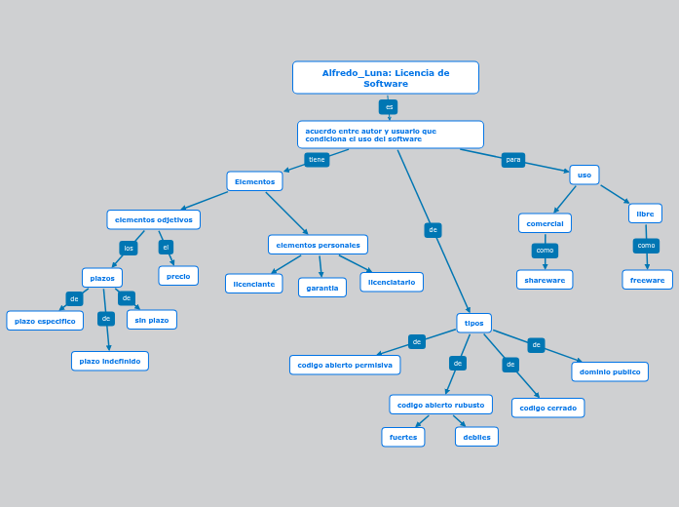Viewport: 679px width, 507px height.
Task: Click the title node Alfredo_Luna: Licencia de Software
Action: [x=385, y=78]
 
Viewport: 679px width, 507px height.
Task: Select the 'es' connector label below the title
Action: [x=388, y=107]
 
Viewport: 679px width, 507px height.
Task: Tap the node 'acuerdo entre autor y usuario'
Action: [x=390, y=135]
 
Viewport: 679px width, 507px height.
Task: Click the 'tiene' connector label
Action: [x=317, y=160]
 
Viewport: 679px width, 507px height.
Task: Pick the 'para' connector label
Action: [x=512, y=160]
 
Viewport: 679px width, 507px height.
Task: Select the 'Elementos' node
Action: [x=254, y=181]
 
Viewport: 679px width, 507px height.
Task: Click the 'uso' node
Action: [x=584, y=175]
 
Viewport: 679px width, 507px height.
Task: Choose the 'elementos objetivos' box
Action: [x=153, y=219]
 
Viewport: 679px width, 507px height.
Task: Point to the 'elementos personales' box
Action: [x=318, y=245]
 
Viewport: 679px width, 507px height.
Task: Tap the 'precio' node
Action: [x=178, y=276]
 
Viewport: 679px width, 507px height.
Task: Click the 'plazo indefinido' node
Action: [x=110, y=362]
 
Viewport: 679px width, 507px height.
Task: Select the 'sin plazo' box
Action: [x=152, y=320]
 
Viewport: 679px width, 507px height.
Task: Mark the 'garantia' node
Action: [x=321, y=288]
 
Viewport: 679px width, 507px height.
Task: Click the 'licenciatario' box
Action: [x=392, y=282]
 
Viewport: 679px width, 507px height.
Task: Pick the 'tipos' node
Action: [x=473, y=323]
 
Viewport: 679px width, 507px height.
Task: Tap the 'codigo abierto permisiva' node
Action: [x=345, y=365]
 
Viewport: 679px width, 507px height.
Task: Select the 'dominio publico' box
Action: [x=610, y=371]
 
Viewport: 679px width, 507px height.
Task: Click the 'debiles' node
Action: [x=476, y=437]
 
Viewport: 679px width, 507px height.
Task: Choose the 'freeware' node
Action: [x=647, y=280]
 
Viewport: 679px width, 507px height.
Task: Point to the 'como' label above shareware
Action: [x=545, y=251]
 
